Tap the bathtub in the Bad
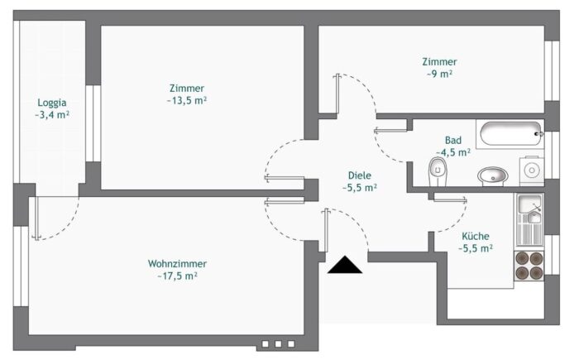coord(509,133)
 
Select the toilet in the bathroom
coord(438,172)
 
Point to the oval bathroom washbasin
coord(494,175)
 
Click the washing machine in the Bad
coord(531,170)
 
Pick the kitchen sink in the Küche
coord(529,210)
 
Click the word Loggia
coord(51,103)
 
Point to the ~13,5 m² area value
coord(186,101)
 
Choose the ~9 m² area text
coord(438,74)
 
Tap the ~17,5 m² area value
coord(177,276)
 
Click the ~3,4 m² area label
coord(51,115)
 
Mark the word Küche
coord(476,235)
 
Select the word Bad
coord(452,140)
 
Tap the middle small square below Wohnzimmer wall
coord(278,343)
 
